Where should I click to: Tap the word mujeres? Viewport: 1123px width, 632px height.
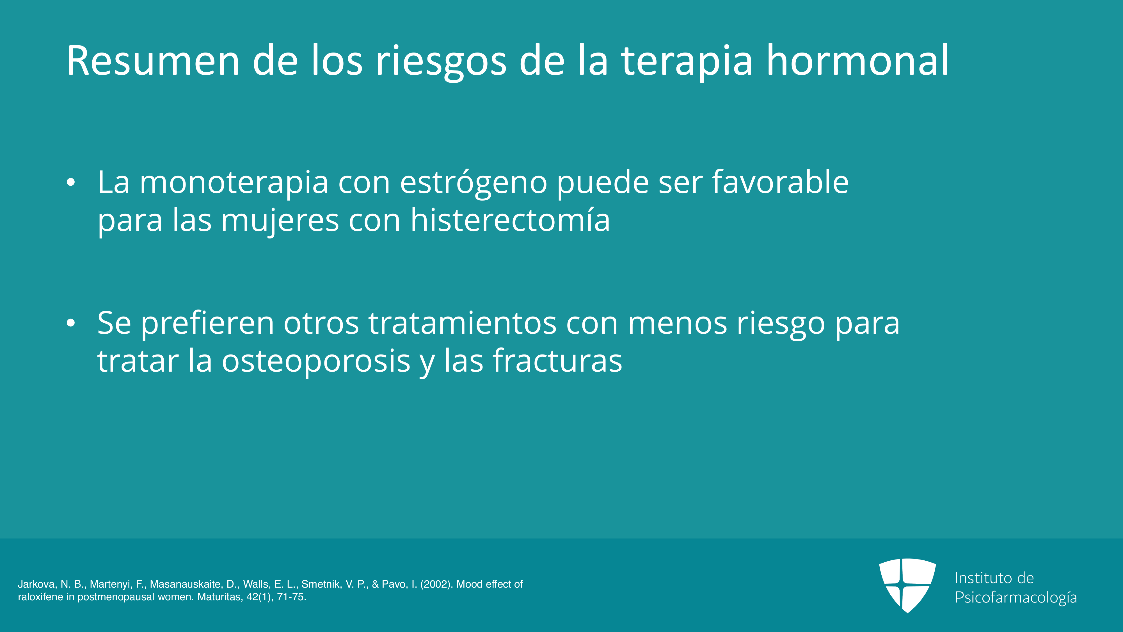[x=280, y=221]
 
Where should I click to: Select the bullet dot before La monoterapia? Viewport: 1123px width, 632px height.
[x=71, y=183]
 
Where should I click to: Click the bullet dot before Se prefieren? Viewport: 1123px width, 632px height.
[x=71, y=323]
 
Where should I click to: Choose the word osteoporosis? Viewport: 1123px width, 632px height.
[x=316, y=361]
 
